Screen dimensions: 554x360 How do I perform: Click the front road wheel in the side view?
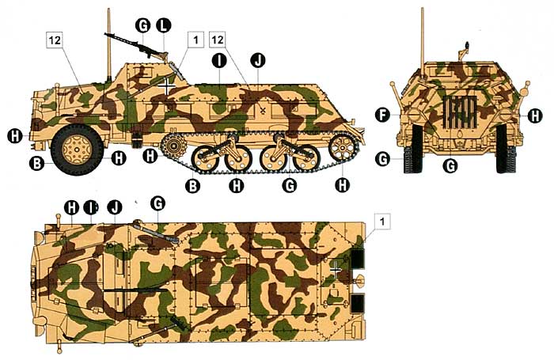[78, 150]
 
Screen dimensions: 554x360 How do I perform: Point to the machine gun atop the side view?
[136, 45]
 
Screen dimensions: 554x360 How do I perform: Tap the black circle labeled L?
[164, 25]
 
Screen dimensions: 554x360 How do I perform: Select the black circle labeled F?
[382, 116]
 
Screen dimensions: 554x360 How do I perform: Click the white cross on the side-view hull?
[166, 86]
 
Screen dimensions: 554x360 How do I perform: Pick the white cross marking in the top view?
[336, 270]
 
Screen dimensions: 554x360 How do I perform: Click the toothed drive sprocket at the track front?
[173, 146]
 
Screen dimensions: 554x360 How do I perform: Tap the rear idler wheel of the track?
[341, 148]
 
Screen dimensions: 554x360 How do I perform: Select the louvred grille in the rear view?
[459, 111]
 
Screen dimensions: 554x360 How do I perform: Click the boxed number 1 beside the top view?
[382, 222]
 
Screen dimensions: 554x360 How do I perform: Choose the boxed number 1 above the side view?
[195, 40]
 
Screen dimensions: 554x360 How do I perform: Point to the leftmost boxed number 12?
[55, 40]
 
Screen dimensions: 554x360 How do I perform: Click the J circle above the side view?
[257, 61]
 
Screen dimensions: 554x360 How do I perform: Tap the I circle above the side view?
[219, 61]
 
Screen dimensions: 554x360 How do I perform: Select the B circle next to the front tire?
[36, 164]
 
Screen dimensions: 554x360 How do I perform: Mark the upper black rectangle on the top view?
[358, 258]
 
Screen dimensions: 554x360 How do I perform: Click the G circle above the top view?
[157, 203]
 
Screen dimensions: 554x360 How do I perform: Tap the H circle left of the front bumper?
[15, 136]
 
